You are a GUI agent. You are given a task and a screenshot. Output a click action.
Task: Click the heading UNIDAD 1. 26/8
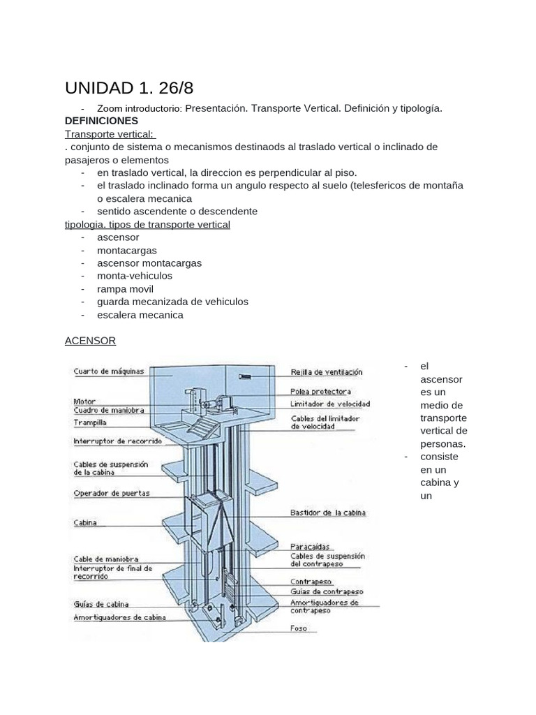pos(129,88)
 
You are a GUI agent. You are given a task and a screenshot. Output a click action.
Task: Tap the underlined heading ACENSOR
pos(90,341)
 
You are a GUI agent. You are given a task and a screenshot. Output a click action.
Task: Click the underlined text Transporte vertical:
pos(110,134)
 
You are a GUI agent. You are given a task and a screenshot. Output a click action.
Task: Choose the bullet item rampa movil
pos(125,289)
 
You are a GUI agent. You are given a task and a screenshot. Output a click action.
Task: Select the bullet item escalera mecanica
pos(140,315)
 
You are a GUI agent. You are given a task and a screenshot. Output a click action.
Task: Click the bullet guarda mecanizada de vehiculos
pos(172,302)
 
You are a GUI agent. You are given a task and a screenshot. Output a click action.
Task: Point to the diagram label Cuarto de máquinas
pos(109,371)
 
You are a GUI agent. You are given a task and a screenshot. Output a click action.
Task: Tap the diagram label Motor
pos(84,401)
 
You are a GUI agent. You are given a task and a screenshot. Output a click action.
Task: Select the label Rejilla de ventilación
pos(327,373)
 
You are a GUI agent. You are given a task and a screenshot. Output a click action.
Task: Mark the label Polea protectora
pos(320,392)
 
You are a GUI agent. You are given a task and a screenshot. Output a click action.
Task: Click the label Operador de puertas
pos(112,493)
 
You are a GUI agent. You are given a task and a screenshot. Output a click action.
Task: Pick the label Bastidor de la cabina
pos(328,513)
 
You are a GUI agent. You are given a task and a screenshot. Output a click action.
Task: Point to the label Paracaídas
pos(311,547)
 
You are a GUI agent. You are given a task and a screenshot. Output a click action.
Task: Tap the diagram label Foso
pos(299,628)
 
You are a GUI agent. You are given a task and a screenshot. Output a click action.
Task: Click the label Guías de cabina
pos(101,604)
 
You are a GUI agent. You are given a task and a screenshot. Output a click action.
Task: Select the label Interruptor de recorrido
pos(118,441)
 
